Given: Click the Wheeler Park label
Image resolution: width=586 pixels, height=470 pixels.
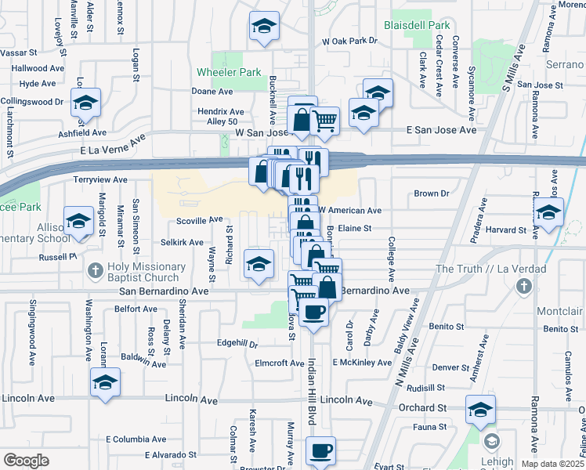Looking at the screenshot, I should (x=239, y=73).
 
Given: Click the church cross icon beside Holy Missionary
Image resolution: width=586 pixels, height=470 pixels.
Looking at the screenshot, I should (x=95, y=271).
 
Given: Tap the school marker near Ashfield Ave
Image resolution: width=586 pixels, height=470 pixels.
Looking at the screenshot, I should (x=86, y=103).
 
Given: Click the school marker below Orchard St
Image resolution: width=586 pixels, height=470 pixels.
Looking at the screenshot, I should (x=481, y=410).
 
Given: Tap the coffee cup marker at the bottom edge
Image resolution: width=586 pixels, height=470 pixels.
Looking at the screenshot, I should (x=320, y=451).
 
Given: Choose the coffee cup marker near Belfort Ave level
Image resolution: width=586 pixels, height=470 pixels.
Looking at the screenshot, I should (x=314, y=312).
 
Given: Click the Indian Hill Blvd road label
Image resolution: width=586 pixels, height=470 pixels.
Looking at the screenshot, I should (x=311, y=393).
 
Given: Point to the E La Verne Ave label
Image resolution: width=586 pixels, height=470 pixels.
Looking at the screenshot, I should (x=113, y=144).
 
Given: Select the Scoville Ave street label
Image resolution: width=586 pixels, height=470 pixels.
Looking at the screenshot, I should (x=200, y=222).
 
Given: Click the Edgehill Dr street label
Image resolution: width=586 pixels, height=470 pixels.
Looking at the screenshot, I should (x=237, y=343).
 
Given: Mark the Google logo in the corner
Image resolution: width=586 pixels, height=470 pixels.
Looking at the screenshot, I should (x=27, y=461).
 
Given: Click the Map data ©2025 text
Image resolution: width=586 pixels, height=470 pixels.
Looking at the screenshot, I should (x=551, y=465).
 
